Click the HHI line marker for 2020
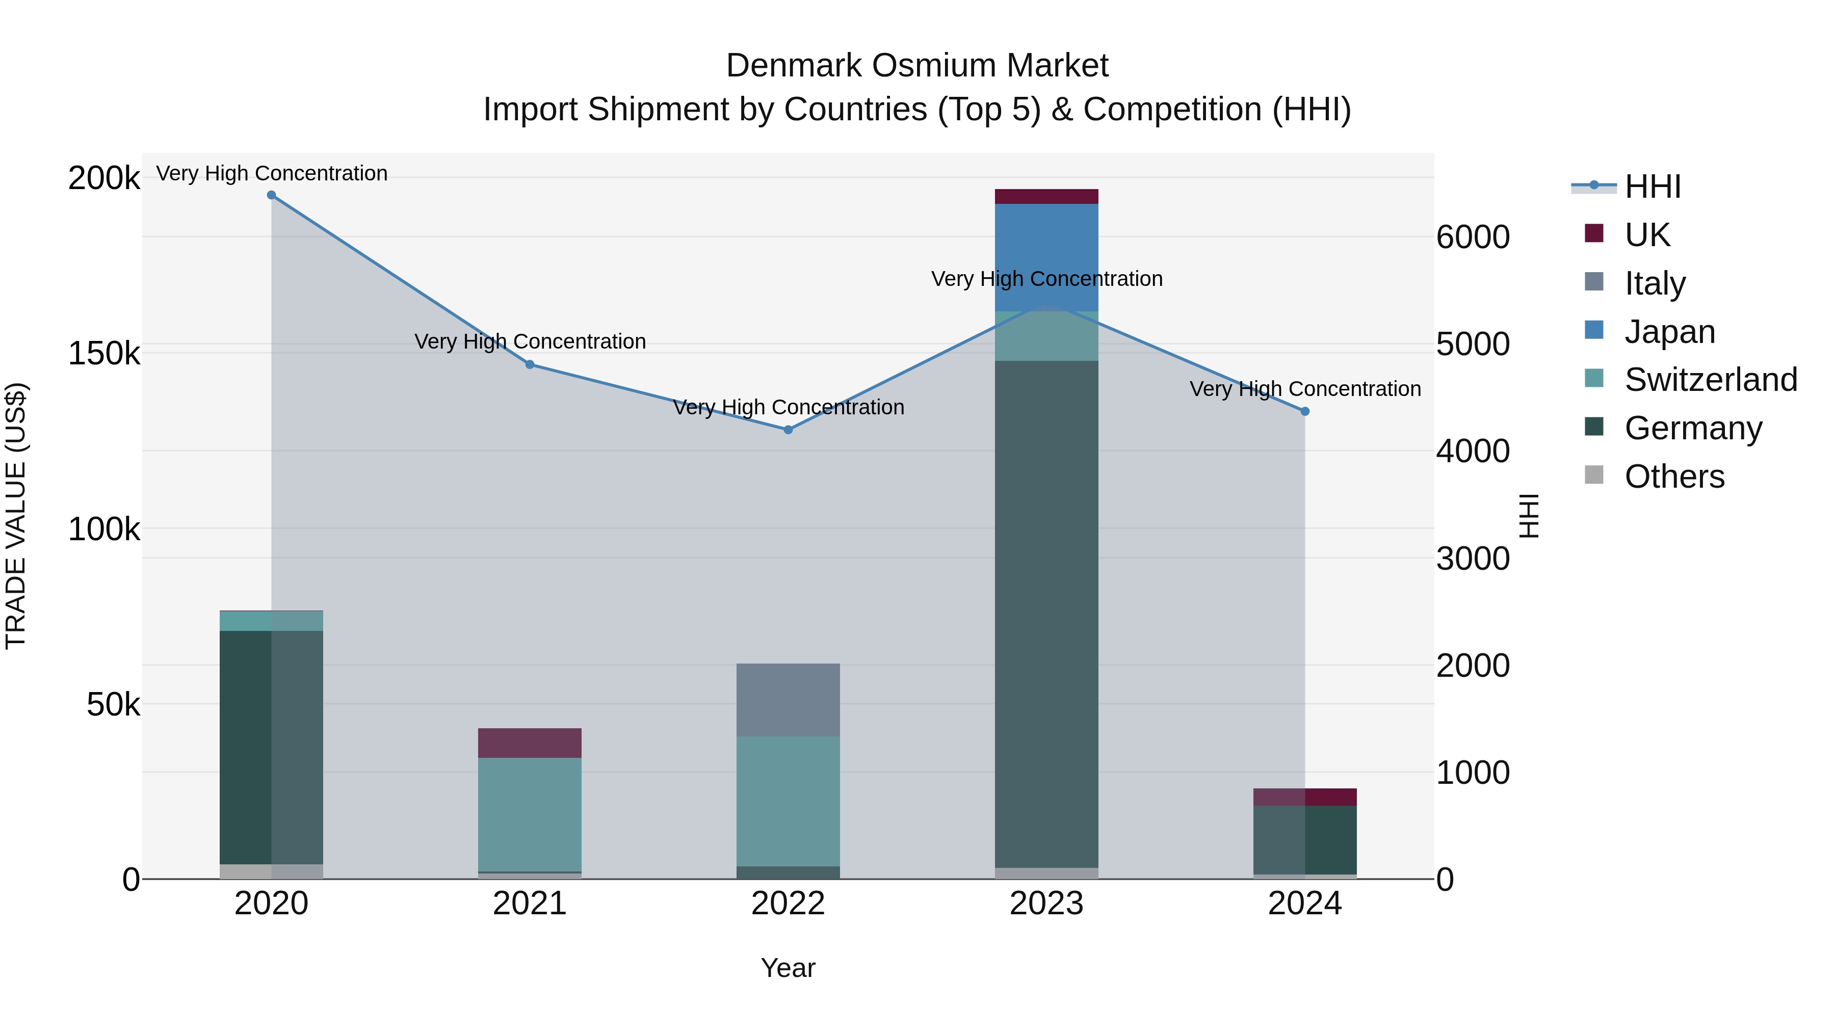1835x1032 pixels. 271,195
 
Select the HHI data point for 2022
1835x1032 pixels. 788,430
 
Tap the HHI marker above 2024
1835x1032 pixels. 1305,411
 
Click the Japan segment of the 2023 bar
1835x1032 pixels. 1046,256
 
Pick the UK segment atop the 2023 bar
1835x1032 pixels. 1046,197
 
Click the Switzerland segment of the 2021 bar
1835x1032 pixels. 529,814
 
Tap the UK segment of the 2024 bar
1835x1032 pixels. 1305,797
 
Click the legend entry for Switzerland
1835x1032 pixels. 1710,380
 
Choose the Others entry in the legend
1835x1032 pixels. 1674,477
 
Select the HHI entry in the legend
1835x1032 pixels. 1653,187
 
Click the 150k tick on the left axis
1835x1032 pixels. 104,353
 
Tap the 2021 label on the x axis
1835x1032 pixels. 529,904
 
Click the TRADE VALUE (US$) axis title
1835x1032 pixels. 16,516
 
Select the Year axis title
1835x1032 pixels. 788,968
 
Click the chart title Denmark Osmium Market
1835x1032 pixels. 917,66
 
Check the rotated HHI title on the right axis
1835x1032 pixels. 1529,516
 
